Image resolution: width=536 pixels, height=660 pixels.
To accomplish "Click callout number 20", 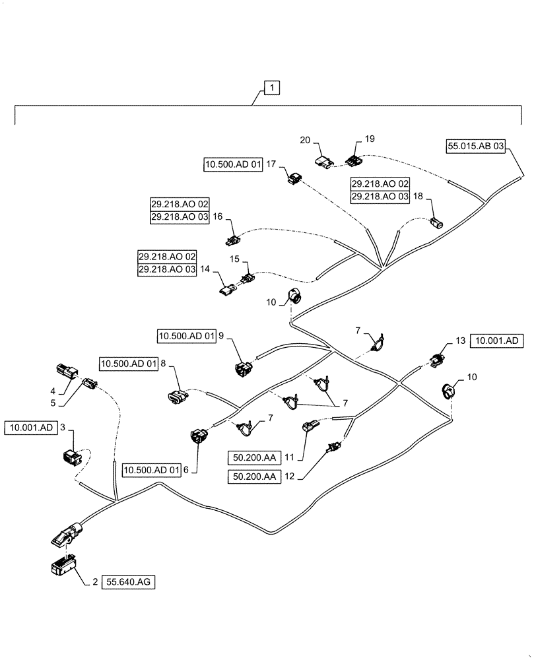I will [x=304, y=140].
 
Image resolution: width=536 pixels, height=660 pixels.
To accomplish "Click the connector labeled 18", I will [x=436, y=222].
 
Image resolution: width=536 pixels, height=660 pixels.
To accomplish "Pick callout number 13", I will [x=460, y=341].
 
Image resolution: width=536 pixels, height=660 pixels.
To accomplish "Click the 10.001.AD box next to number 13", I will [x=496, y=341].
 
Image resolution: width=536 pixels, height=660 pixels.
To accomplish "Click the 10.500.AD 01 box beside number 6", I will [x=151, y=470].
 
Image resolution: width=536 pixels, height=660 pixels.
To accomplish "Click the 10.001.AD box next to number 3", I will [x=32, y=428].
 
